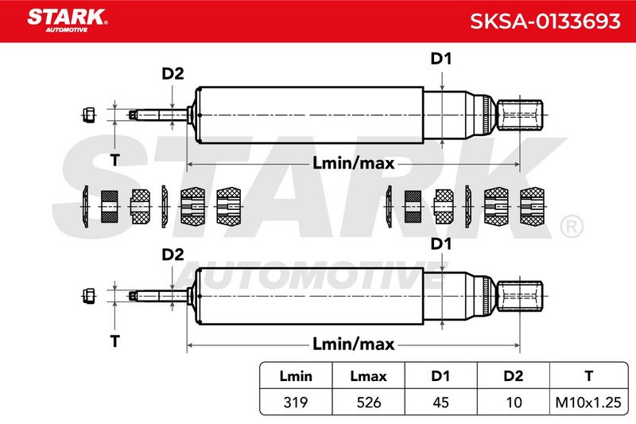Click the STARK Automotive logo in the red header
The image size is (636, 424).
(x=68, y=21)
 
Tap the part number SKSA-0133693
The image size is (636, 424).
(x=545, y=21)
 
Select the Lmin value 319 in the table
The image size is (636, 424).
(x=295, y=402)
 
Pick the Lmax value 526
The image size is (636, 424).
(x=369, y=402)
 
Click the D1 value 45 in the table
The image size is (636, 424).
(x=441, y=402)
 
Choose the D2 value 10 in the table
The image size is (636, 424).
(x=514, y=402)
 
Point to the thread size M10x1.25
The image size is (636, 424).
(x=588, y=402)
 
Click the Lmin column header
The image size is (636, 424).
(x=296, y=376)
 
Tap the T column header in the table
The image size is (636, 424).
(x=588, y=376)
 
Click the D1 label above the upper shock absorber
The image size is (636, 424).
(x=441, y=59)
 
